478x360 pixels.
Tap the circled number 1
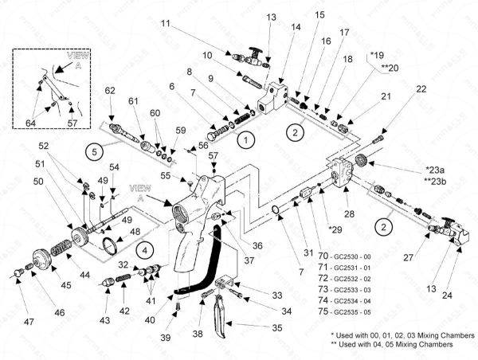pyautogui.click(x=247, y=139)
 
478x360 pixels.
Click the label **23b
pyautogui.click(x=436, y=181)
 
